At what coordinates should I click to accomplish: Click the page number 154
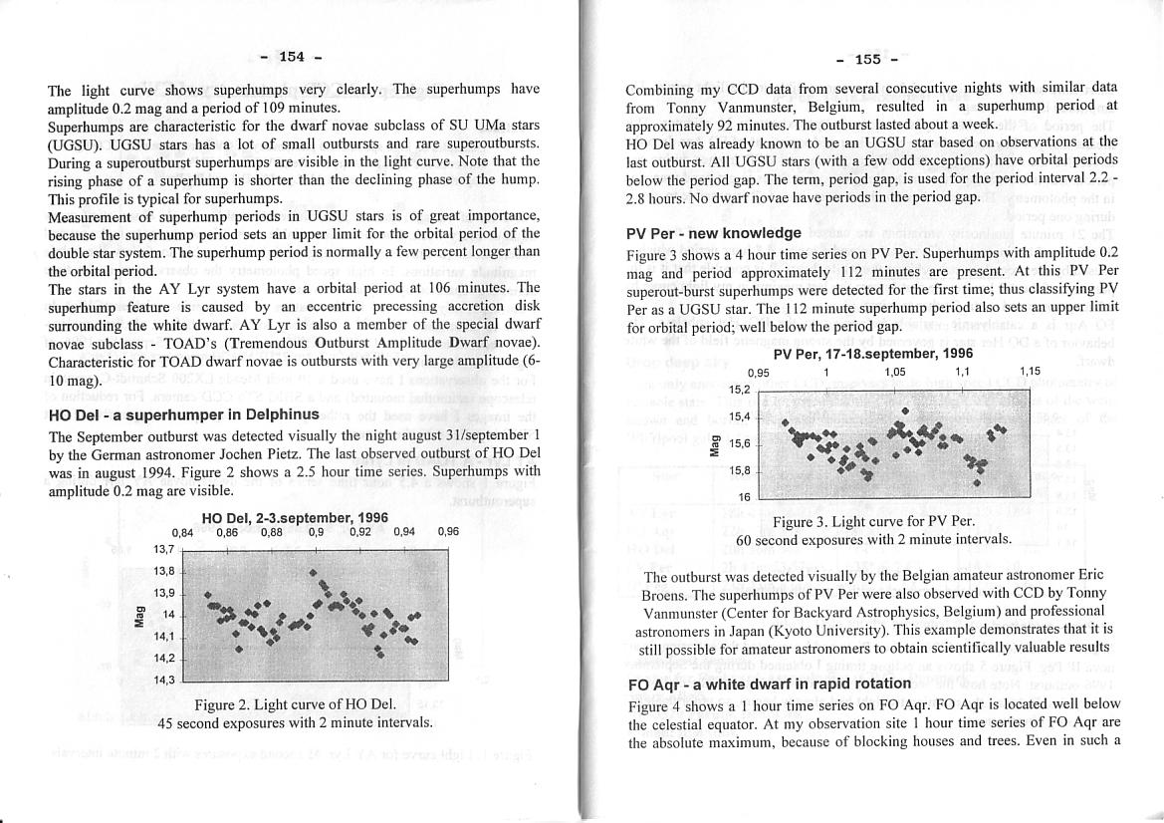[x=292, y=57]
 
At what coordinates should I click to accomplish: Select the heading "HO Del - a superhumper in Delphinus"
[x=183, y=414]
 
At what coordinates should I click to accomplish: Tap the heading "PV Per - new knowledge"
[x=713, y=233]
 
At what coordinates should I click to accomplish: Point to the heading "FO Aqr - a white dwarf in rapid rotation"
[x=770, y=684]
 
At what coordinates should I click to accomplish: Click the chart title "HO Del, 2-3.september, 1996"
[x=295, y=518]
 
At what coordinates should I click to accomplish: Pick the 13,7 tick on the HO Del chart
[x=164, y=549]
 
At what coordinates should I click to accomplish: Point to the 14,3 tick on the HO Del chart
[x=164, y=680]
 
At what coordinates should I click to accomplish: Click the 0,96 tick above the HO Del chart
[x=448, y=532]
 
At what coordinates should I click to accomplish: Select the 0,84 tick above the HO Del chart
[x=182, y=532]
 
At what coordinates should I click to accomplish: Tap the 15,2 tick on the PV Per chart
[x=740, y=390]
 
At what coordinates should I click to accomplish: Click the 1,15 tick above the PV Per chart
[x=1030, y=372]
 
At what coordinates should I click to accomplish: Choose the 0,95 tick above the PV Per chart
[x=759, y=372]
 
